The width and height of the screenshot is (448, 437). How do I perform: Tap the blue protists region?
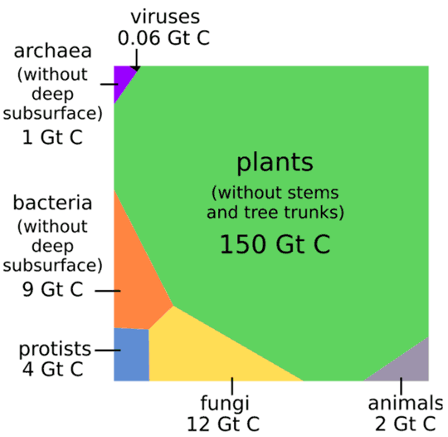point(131,355)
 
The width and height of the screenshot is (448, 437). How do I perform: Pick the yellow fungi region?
point(200,352)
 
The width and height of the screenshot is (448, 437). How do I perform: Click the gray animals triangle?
point(407,366)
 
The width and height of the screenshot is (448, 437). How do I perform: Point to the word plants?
point(275,163)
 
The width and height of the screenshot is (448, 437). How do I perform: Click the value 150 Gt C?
point(275,244)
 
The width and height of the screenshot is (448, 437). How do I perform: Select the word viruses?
point(165,17)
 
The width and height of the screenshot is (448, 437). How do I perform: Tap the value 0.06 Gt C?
point(164,38)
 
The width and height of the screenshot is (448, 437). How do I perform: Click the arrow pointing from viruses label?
point(137,60)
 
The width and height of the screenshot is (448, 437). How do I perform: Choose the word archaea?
point(52,51)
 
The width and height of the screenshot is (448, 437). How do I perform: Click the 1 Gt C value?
point(52,137)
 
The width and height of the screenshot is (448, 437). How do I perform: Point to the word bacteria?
point(52,203)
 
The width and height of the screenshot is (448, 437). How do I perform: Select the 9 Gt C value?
point(52,289)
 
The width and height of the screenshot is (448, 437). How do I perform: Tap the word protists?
point(55,350)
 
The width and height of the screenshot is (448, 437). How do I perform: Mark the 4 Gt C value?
point(52,369)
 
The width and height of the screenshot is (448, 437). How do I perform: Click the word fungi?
point(225,404)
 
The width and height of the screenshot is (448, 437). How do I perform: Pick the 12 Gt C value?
point(223,424)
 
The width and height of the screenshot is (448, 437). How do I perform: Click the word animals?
point(406,403)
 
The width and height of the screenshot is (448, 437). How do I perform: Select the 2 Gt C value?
point(406,424)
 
